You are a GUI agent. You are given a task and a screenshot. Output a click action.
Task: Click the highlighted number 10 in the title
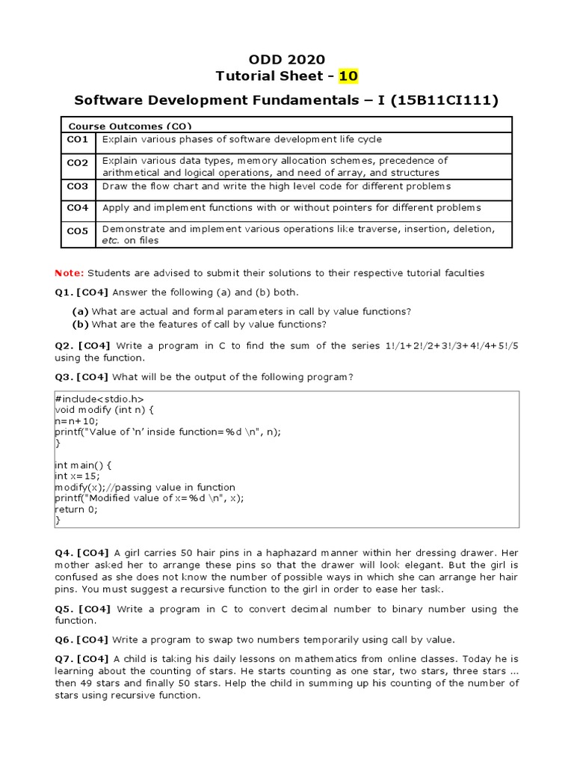point(348,76)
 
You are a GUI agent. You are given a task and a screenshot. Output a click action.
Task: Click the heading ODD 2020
point(286,60)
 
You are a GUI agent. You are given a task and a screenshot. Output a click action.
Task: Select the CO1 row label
point(78,140)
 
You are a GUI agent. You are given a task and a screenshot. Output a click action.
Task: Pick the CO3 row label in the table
point(78,186)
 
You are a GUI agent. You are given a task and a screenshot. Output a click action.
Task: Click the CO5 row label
point(78,231)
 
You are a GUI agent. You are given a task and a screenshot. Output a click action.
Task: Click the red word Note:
point(70,273)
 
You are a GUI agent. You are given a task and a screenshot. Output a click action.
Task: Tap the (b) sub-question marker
point(80,324)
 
